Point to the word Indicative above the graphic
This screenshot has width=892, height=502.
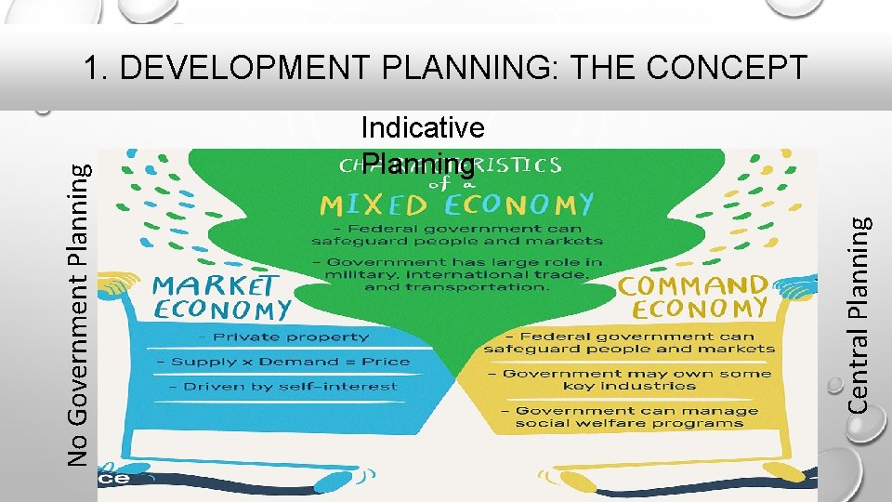click(423, 127)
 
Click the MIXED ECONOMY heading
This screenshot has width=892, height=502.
click(456, 203)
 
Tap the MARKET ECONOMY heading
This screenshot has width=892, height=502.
click(221, 296)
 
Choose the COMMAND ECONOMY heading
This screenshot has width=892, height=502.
click(693, 297)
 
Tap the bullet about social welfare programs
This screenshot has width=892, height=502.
click(630, 416)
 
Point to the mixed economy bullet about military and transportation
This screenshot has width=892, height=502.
click(457, 274)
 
